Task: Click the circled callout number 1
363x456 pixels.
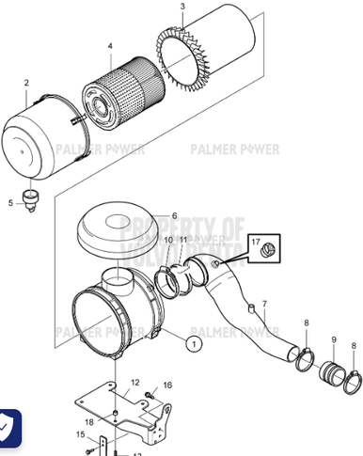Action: pyautogui.click(x=193, y=345)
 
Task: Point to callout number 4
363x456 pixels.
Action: pyautogui.click(x=109, y=46)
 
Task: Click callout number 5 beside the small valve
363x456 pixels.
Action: pyautogui.click(x=12, y=202)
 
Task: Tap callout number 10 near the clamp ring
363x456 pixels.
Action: pyautogui.click(x=167, y=242)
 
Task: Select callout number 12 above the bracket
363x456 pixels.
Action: pyautogui.click(x=135, y=382)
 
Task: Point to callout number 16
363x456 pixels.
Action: pyautogui.click(x=167, y=385)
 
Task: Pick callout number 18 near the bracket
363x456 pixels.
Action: pyautogui.click(x=88, y=423)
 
